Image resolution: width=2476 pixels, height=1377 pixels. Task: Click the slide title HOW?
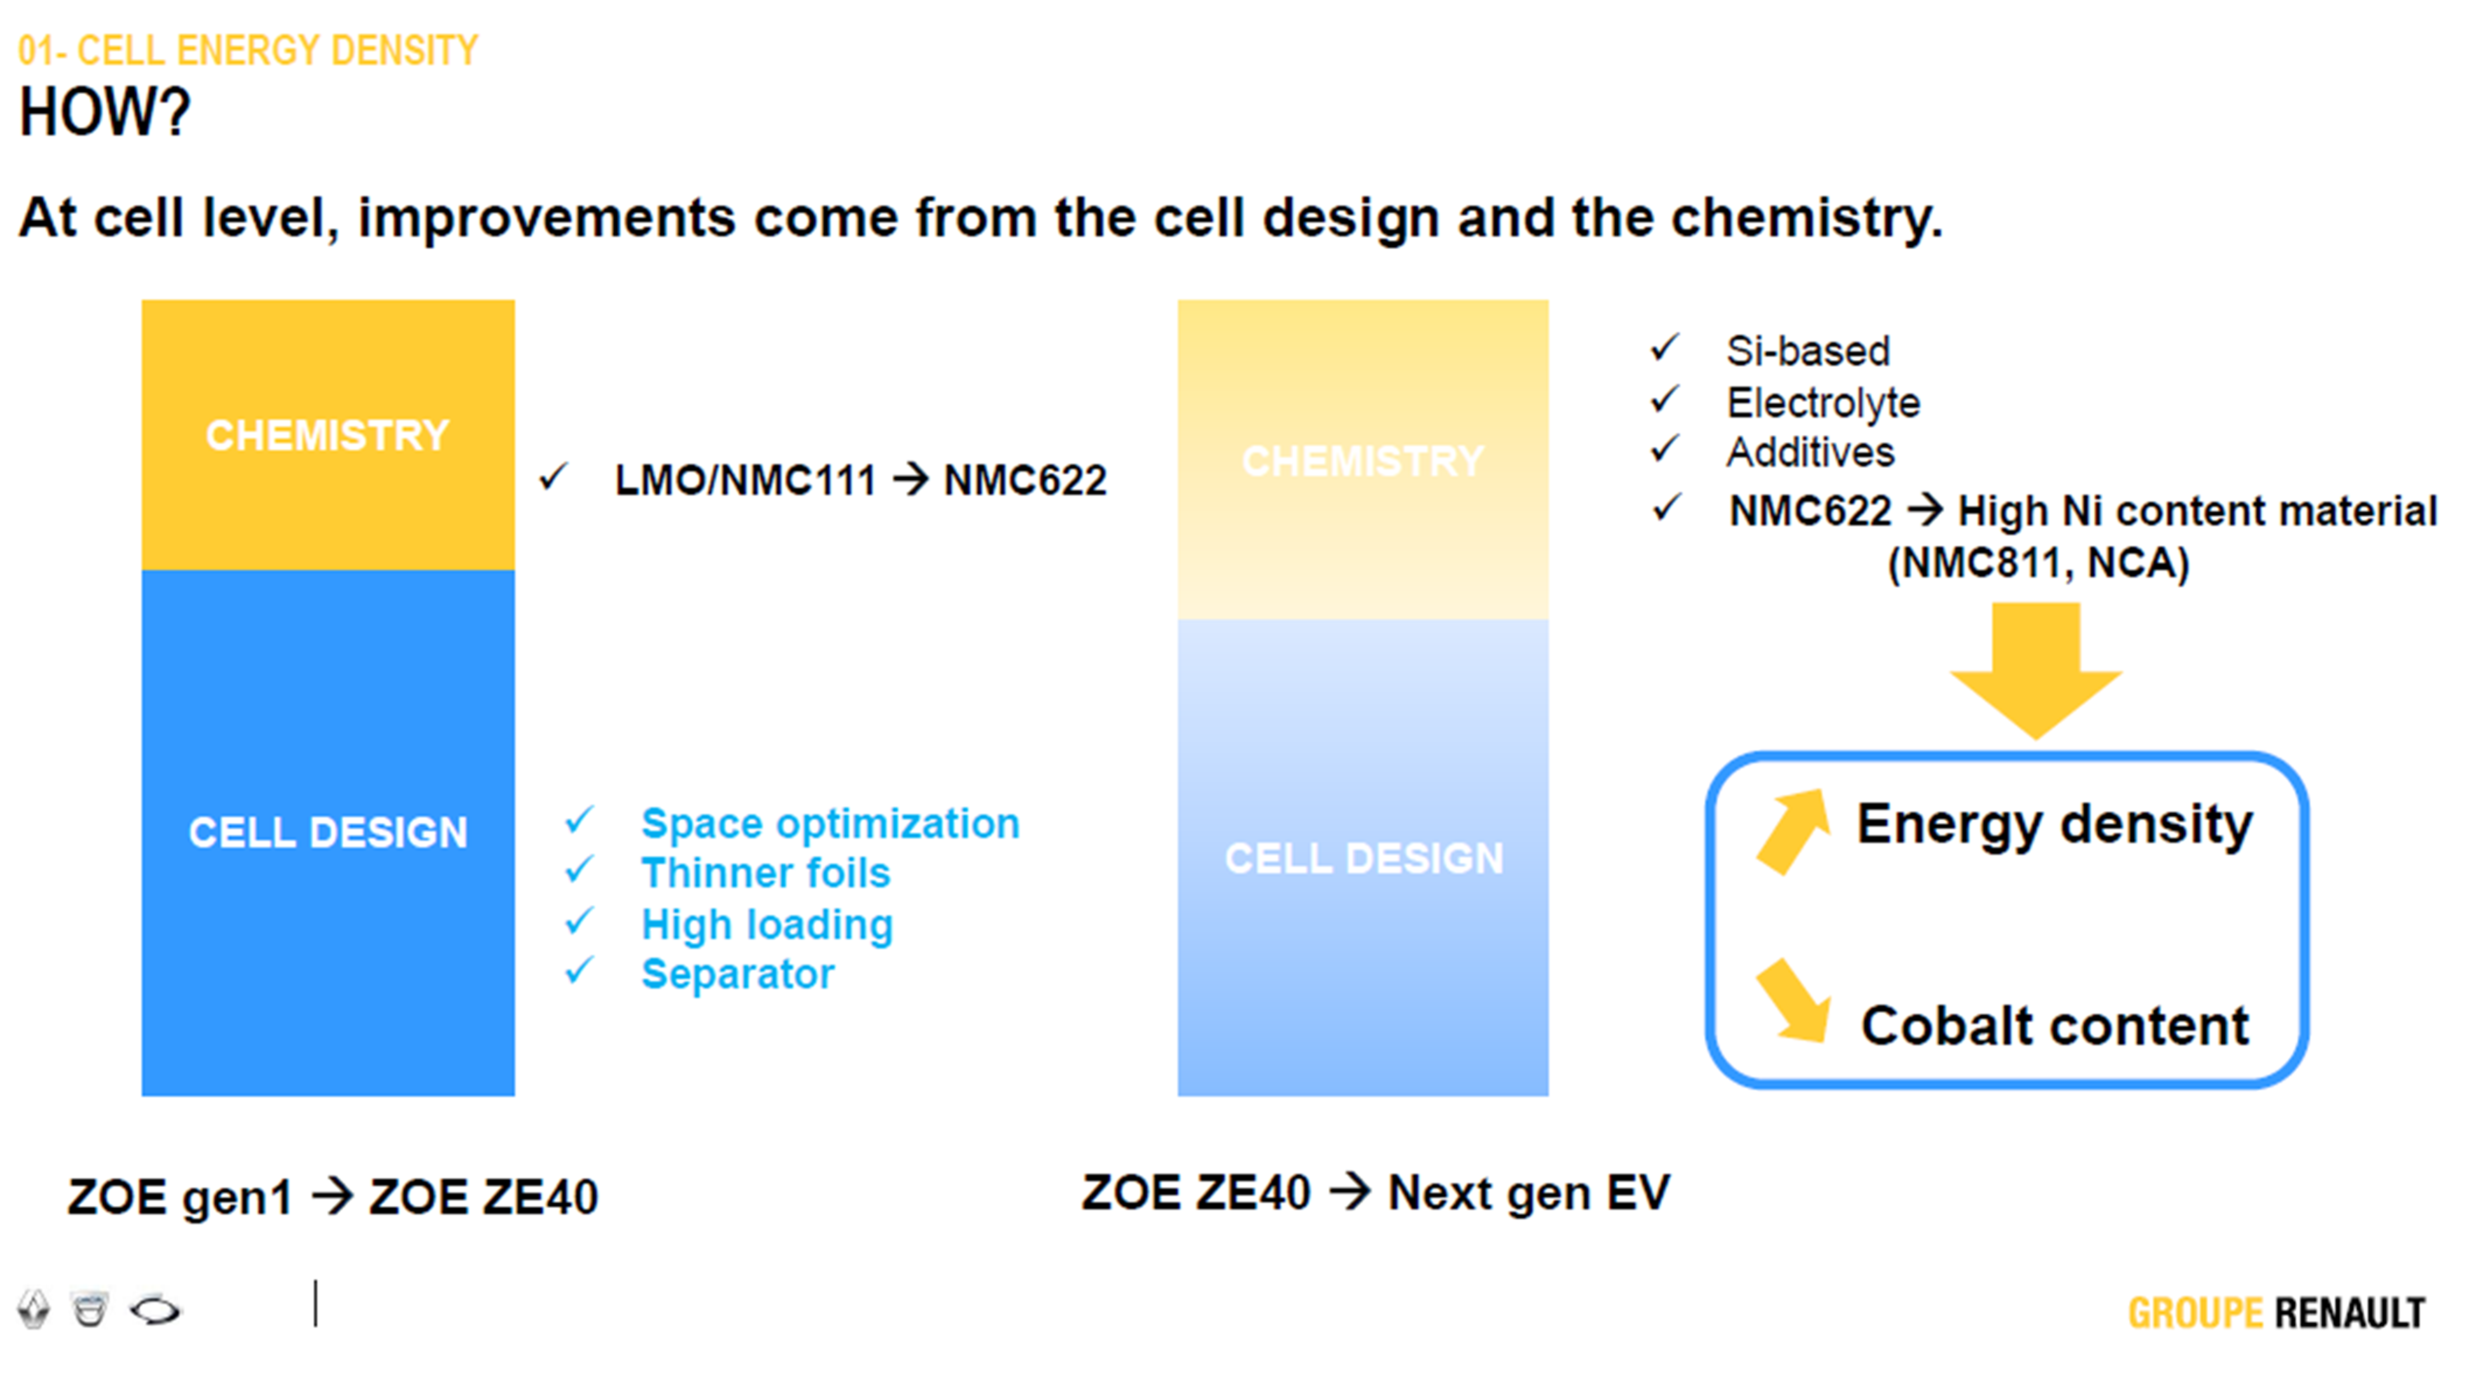(105, 113)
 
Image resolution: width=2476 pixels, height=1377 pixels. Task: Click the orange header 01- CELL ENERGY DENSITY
(248, 50)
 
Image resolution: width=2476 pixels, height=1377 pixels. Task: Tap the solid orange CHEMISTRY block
(328, 435)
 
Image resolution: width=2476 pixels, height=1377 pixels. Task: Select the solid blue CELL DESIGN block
(328, 832)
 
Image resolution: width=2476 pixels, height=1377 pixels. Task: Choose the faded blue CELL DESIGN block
(1363, 857)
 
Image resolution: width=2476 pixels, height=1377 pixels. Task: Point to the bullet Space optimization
(831, 824)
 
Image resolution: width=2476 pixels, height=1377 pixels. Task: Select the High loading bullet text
(767, 924)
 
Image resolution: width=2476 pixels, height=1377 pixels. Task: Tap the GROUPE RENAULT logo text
(2276, 1313)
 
